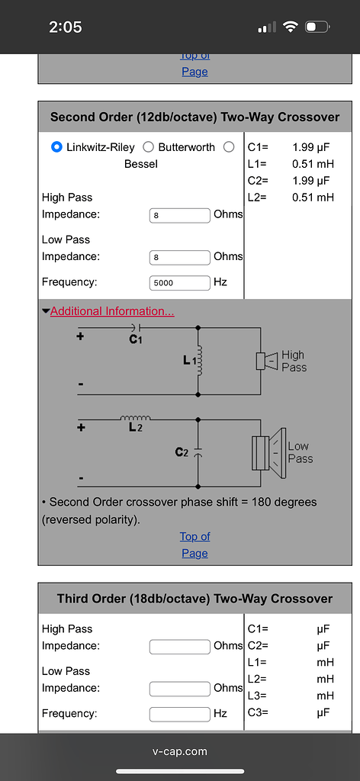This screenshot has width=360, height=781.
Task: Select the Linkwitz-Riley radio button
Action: click(56, 147)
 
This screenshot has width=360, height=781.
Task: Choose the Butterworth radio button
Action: click(148, 147)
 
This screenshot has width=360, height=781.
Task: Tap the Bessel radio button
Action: click(229, 147)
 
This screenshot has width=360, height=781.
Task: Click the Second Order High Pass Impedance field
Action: click(179, 215)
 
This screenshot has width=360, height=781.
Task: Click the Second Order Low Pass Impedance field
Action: click(179, 257)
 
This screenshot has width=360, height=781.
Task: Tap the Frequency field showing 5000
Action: click(179, 282)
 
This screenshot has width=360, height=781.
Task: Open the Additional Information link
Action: click(111, 311)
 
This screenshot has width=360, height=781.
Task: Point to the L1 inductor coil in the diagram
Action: click(200, 360)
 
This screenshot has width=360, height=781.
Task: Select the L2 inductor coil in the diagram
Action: click(135, 418)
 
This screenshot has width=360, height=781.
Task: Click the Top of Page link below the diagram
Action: click(194, 545)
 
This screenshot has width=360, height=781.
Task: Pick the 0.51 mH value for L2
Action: click(313, 198)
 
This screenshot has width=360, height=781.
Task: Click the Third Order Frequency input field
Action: click(179, 714)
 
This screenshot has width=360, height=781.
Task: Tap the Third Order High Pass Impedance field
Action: click(179, 647)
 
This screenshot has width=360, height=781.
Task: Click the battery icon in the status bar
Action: click(316, 27)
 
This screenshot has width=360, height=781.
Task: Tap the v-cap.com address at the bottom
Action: click(180, 751)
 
